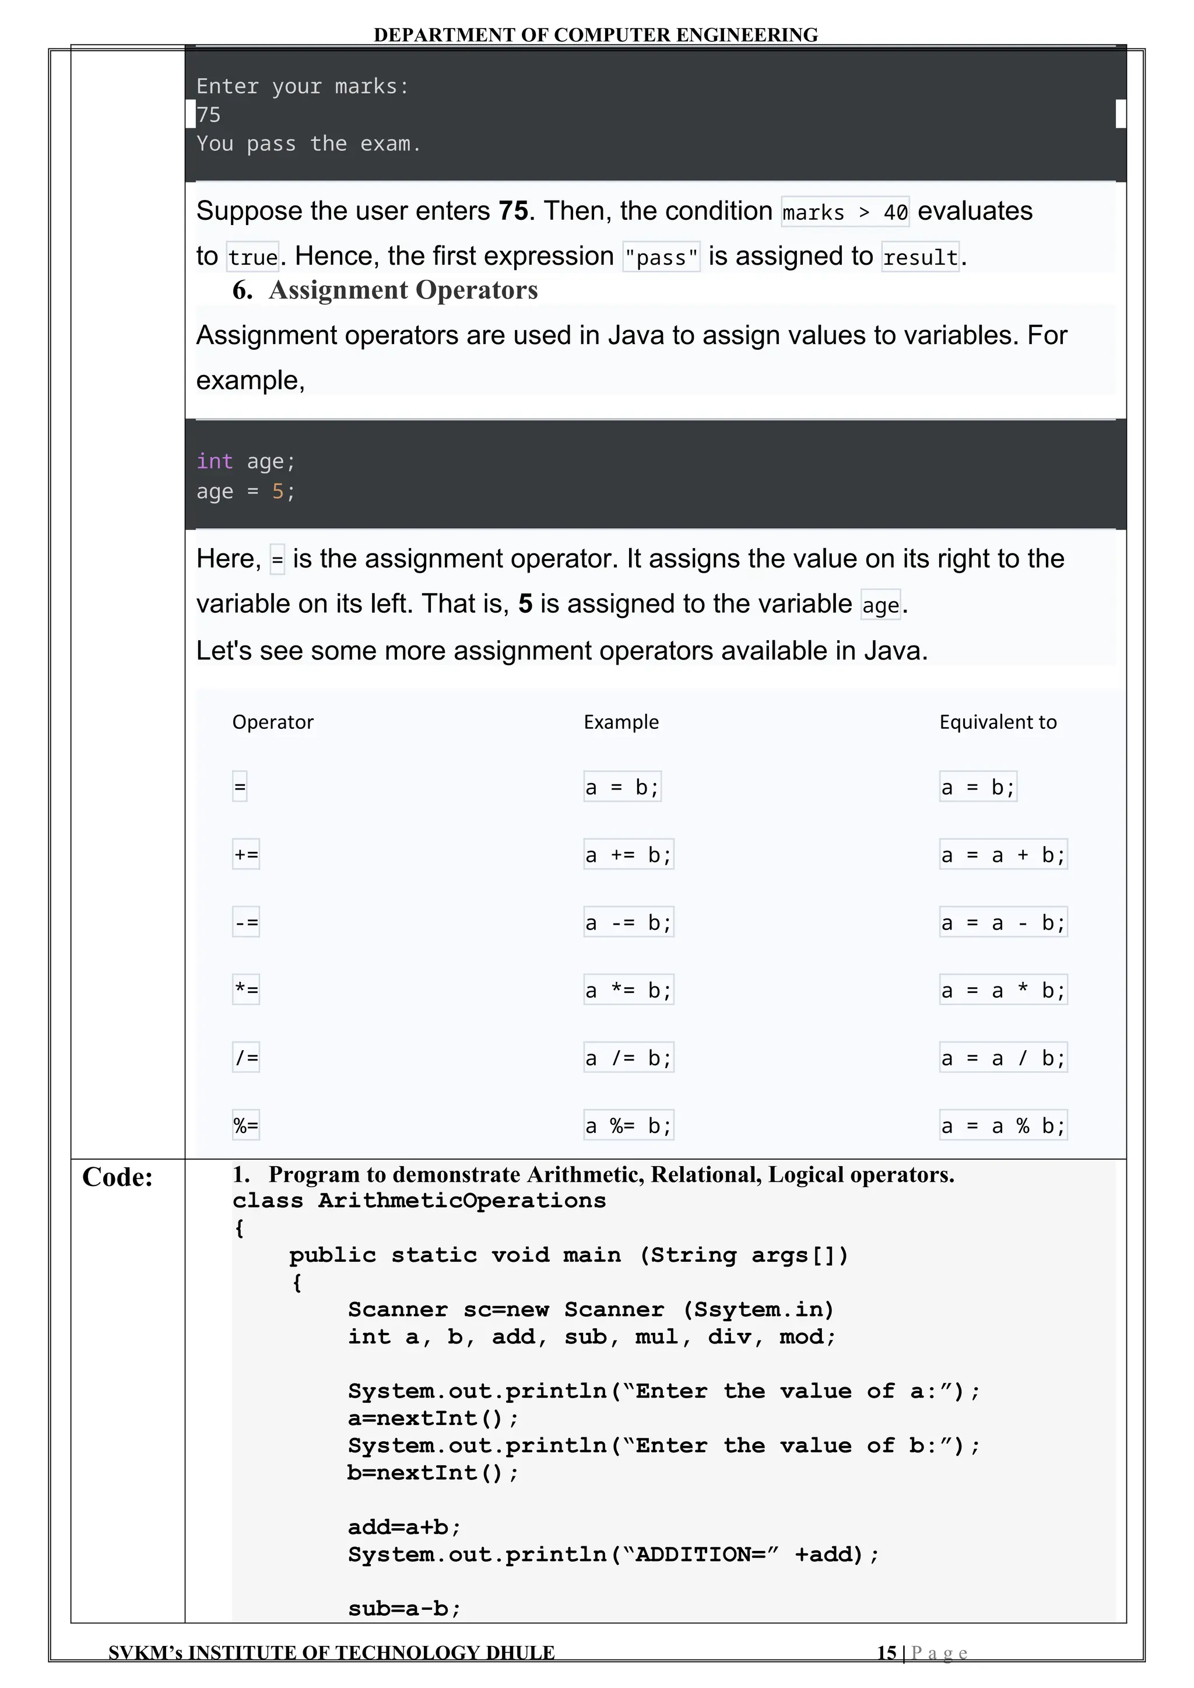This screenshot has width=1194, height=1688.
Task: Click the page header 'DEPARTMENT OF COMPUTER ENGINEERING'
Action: [595, 34]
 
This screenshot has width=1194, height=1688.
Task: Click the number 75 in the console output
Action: [209, 115]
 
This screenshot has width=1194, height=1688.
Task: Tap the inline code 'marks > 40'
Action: [845, 212]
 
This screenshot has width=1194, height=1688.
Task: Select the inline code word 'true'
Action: [253, 257]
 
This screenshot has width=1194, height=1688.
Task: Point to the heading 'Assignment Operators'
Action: [403, 290]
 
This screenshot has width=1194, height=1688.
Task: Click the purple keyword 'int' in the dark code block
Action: [215, 462]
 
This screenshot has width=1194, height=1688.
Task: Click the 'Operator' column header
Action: [273, 722]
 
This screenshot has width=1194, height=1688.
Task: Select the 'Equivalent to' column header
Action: [998, 722]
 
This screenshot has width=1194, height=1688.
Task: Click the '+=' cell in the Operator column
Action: [246, 854]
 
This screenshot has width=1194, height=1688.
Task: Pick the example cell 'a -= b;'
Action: [628, 922]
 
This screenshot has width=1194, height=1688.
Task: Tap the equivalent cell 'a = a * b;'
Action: [1003, 990]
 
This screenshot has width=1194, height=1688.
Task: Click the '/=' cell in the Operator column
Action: [246, 1058]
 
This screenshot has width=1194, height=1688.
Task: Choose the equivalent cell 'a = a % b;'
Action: [1003, 1125]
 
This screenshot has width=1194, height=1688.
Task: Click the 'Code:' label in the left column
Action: [118, 1177]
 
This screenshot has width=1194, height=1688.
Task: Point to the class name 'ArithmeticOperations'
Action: [462, 1201]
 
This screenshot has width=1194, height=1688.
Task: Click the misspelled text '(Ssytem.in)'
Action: [758, 1310]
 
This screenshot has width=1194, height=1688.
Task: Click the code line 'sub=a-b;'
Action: [405, 1609]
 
